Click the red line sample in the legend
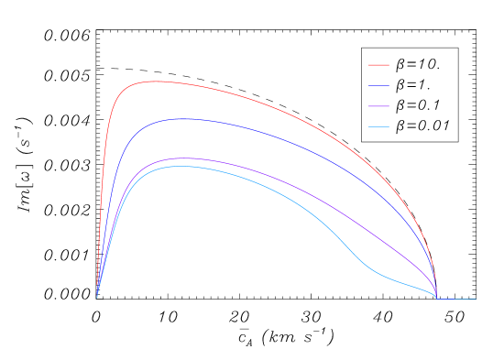coord(379,66)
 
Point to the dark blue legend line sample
coord(379,86)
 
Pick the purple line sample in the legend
coord(379,106)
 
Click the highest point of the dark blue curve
coord(180,119)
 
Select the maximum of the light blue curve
coord(180,167)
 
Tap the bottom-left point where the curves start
coord(97,299)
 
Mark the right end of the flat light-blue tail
coord(476,299)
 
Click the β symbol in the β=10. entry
coord(400,66)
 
